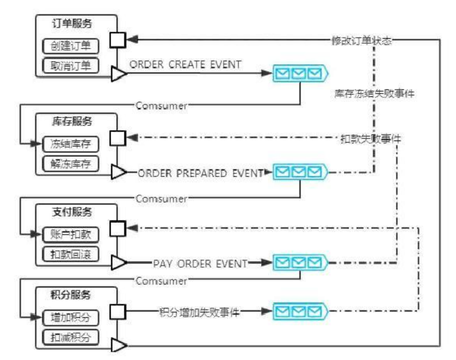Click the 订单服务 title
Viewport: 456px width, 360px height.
71,24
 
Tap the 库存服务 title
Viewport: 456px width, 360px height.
71,122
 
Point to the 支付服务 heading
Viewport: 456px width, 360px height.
71,212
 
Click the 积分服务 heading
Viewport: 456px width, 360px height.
71,295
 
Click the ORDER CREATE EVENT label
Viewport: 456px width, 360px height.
186,64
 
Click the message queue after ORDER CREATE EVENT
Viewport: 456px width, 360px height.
300,74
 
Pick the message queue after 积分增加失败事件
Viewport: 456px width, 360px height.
300,312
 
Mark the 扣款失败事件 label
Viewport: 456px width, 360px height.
371,139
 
